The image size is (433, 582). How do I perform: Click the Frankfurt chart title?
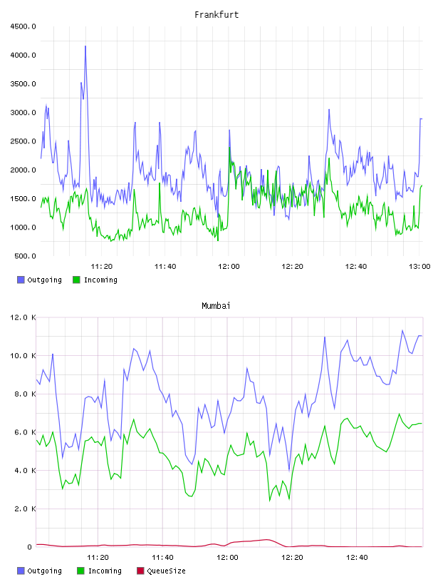[x=216, y=15]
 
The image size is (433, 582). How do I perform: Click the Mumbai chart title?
[x=216, y=306]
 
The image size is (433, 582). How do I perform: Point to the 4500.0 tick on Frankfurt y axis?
[x=23, y=26]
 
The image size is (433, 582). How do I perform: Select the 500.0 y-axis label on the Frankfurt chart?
[x=25, y=256]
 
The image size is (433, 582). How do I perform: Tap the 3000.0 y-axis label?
[x=23, y=113]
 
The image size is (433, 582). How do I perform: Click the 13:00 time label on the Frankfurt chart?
[x=419, y=267]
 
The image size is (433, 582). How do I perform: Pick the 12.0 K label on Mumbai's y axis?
[x=23, y=317]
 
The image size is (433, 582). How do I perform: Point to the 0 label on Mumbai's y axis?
[x=29, y=547]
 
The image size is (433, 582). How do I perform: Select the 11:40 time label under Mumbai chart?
[x=162, y=558]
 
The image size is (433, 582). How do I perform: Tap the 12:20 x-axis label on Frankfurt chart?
[x=292, y=267]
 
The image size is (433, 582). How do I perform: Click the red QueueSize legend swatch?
[x=140, y=571]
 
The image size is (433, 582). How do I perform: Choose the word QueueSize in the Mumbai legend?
[x=166, y=571]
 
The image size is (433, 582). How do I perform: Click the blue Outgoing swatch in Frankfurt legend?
[x=21, y=280]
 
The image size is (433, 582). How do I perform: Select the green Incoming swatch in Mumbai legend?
[x=80, y=571]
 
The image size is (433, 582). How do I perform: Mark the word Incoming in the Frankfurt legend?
[x=100, y=280]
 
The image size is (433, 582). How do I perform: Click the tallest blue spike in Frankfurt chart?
[x=85, y=46]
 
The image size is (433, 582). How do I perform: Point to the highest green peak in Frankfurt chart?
[x=229, y=148]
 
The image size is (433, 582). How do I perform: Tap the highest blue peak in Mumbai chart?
[x=402, y=330]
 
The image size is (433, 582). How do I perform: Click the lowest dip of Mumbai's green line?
[x=270, y=501]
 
